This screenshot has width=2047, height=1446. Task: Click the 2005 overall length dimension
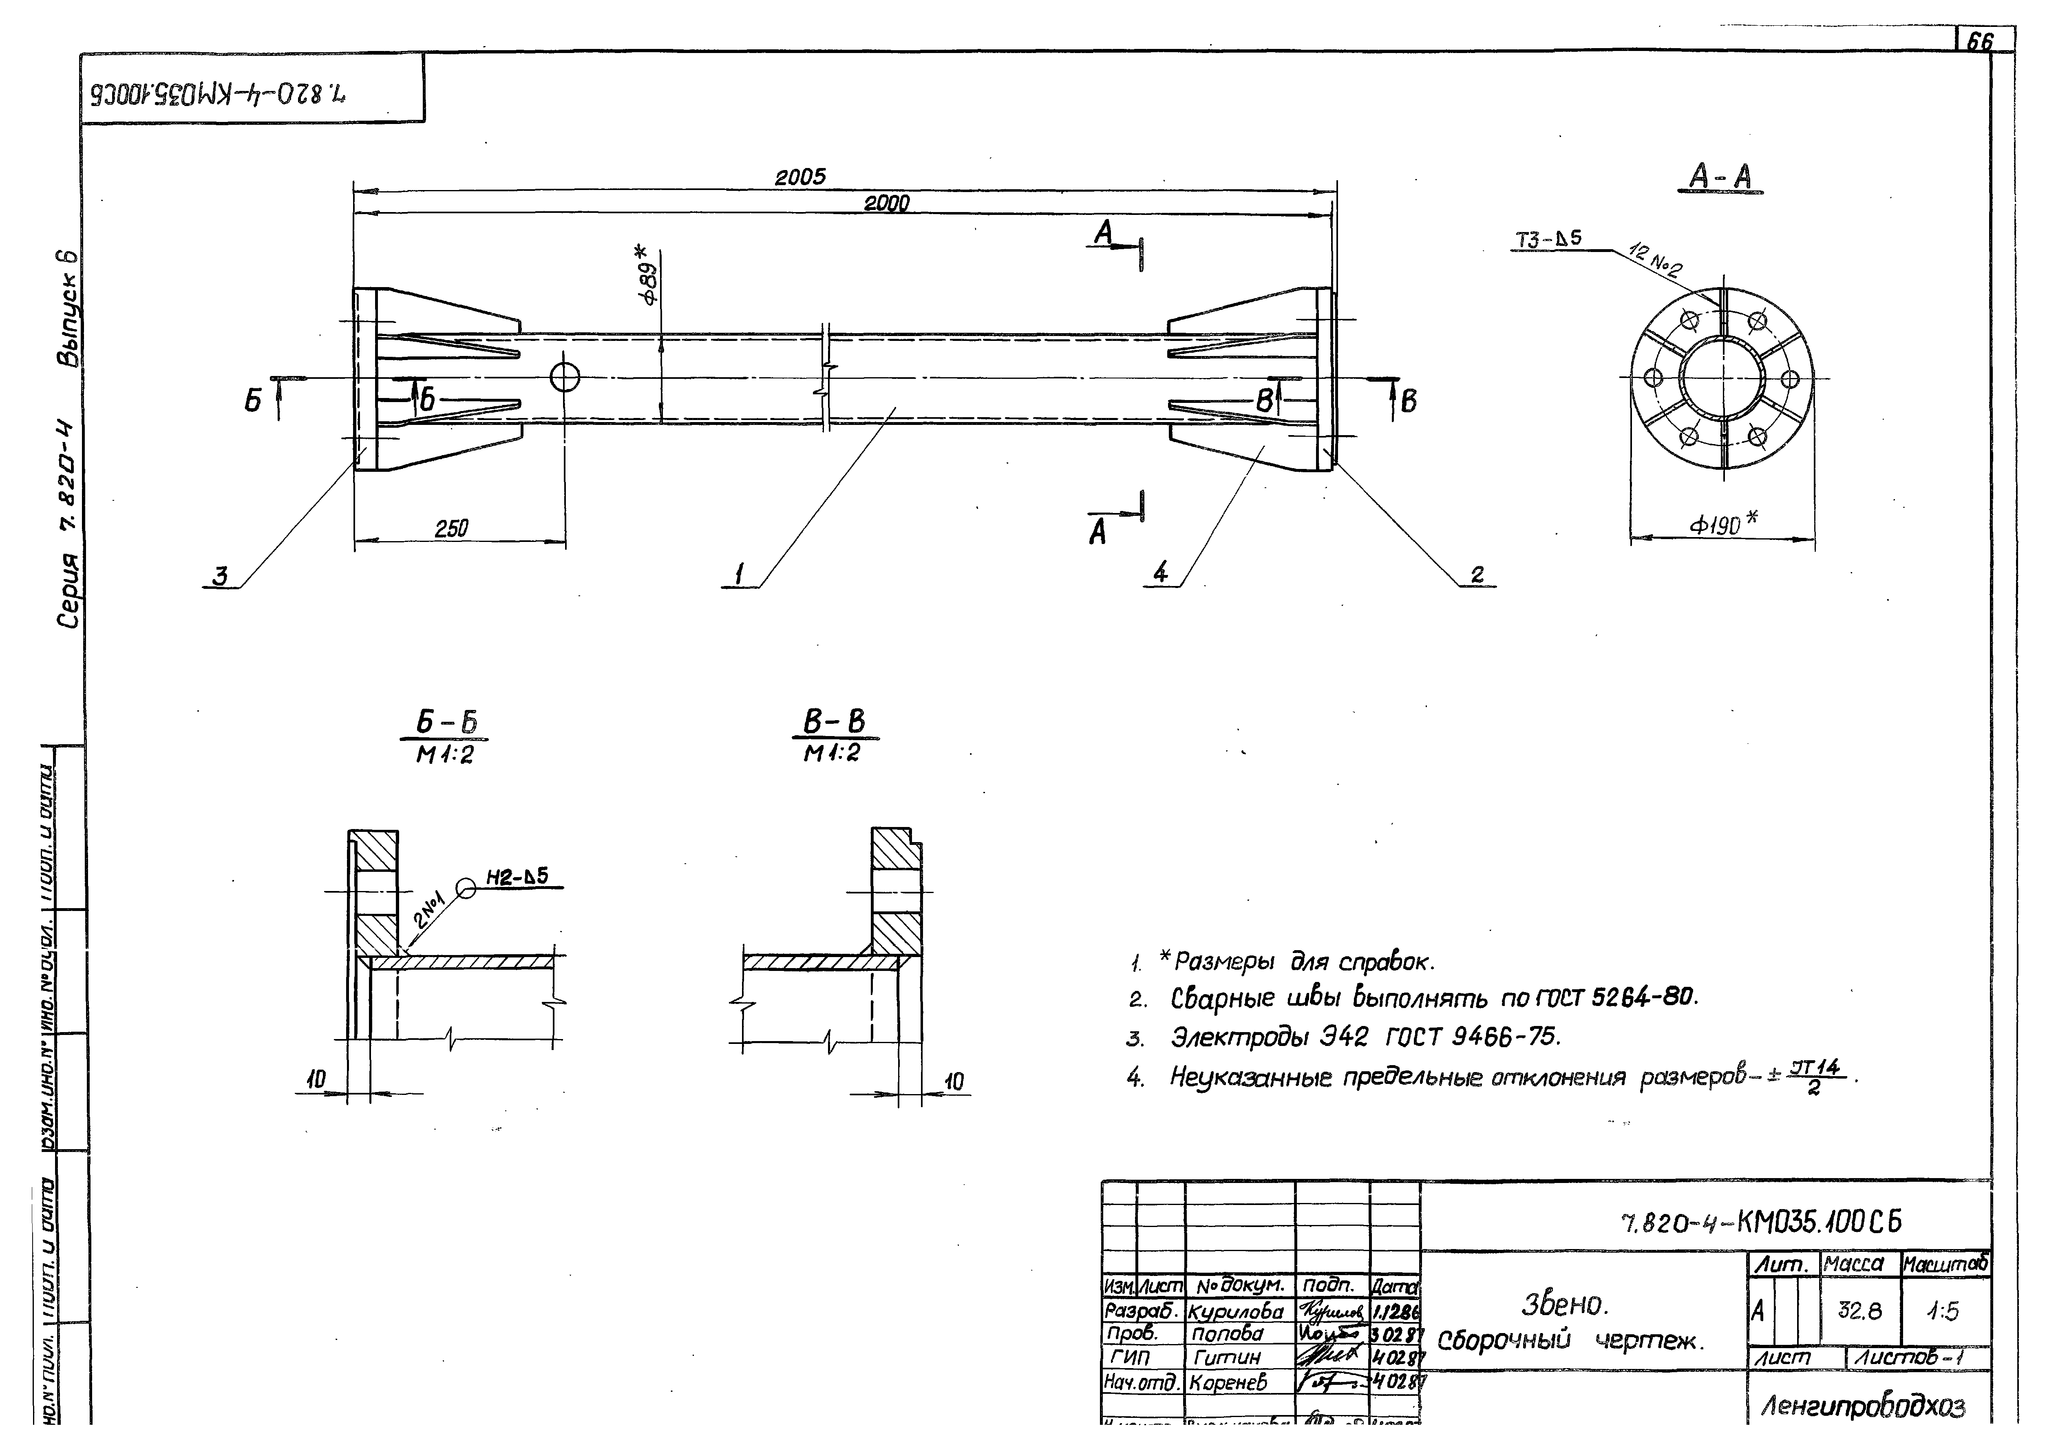coord(800,177)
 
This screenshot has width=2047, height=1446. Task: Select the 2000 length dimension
coord(886,203)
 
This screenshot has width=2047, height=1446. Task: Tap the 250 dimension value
coord(451,528)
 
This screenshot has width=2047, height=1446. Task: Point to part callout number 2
coord(1477,575)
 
